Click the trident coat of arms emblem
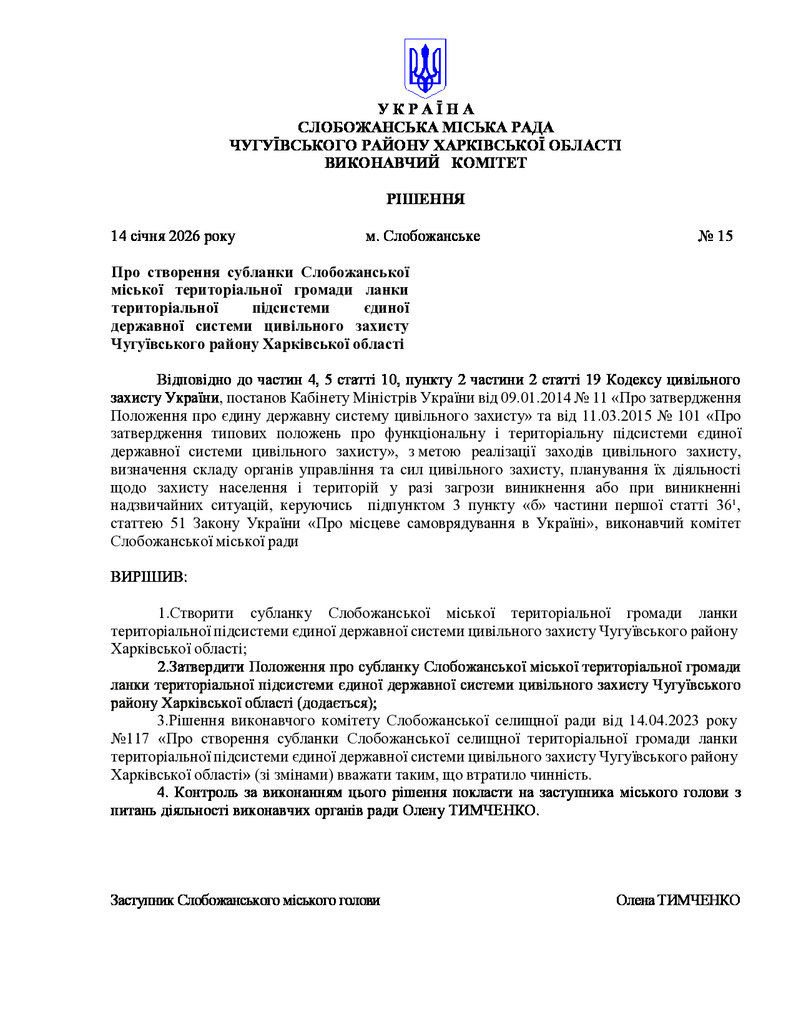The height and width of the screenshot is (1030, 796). pos(425,67)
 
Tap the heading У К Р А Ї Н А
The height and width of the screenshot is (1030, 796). pos(425,109)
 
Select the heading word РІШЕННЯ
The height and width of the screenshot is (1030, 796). pos(425,199)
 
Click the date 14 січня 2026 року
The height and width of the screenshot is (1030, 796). pos(173,236)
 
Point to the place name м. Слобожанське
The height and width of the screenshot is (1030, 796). pos(423,236)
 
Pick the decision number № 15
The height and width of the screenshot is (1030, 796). pos(715,236)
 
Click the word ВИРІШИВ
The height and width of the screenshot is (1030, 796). pos(149,576)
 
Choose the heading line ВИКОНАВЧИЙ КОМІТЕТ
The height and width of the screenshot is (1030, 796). pos(425,163)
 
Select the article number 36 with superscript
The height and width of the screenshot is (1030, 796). pos(727,505)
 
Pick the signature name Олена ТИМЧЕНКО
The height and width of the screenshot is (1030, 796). pos(677,900)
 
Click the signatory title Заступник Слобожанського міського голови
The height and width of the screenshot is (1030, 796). pos(245,900)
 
